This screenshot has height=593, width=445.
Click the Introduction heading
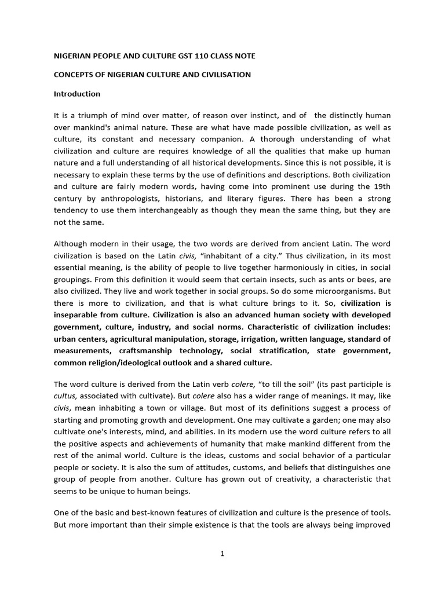click(77, 94)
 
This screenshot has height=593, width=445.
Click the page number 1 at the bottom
click(222, 554)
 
